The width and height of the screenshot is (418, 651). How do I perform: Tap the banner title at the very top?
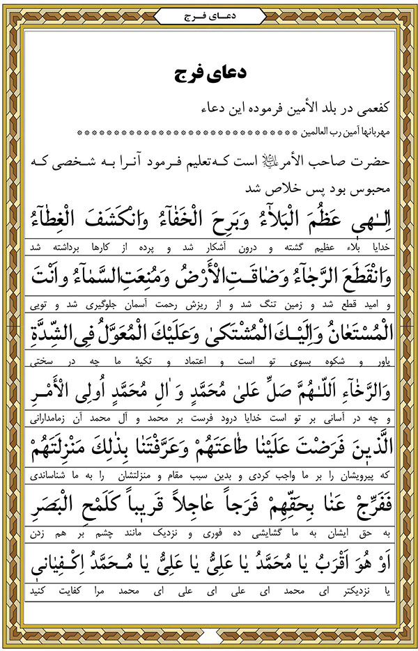(208, 13)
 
